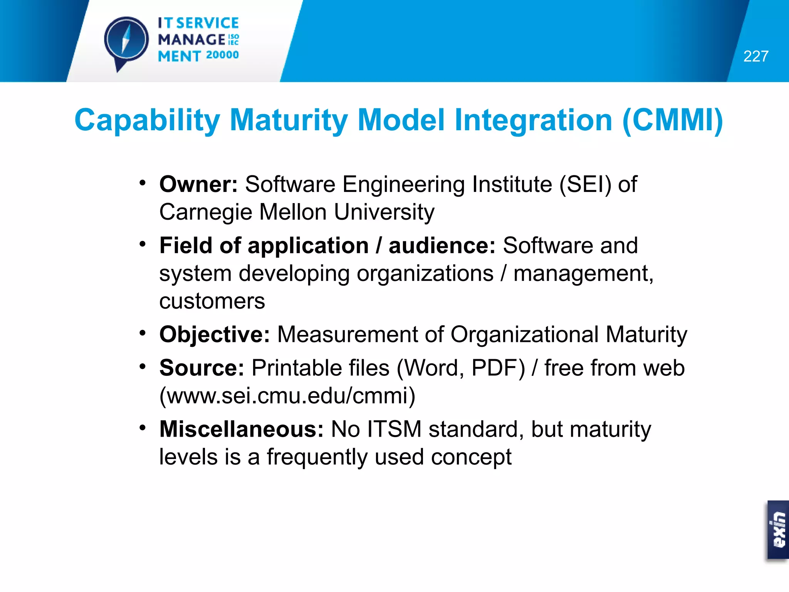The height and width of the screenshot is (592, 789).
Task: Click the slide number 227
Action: (x=755, y=57)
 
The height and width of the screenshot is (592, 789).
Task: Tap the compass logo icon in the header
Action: (x=126, y=40)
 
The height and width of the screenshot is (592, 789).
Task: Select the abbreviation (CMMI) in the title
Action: (x=673, y=120)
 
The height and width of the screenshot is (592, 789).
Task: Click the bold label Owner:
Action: (x=198, y=184)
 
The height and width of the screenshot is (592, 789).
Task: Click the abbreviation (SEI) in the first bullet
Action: (x=585, y=184)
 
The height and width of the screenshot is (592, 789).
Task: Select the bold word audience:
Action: (x=442, y=246)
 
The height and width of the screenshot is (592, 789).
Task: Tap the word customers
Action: (x=212, y=301)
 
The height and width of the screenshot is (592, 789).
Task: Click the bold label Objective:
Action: (x=215, y=335)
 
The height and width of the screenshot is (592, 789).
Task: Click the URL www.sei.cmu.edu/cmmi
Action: (x=287, y=396)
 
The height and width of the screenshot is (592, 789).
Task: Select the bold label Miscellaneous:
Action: (x=242, y=429)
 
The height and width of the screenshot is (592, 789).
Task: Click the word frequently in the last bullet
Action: (x=317, y=457)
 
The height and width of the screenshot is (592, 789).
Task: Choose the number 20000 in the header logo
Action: (x=222, y=55)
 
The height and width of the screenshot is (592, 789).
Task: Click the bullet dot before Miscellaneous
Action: (x=143, y=427)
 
